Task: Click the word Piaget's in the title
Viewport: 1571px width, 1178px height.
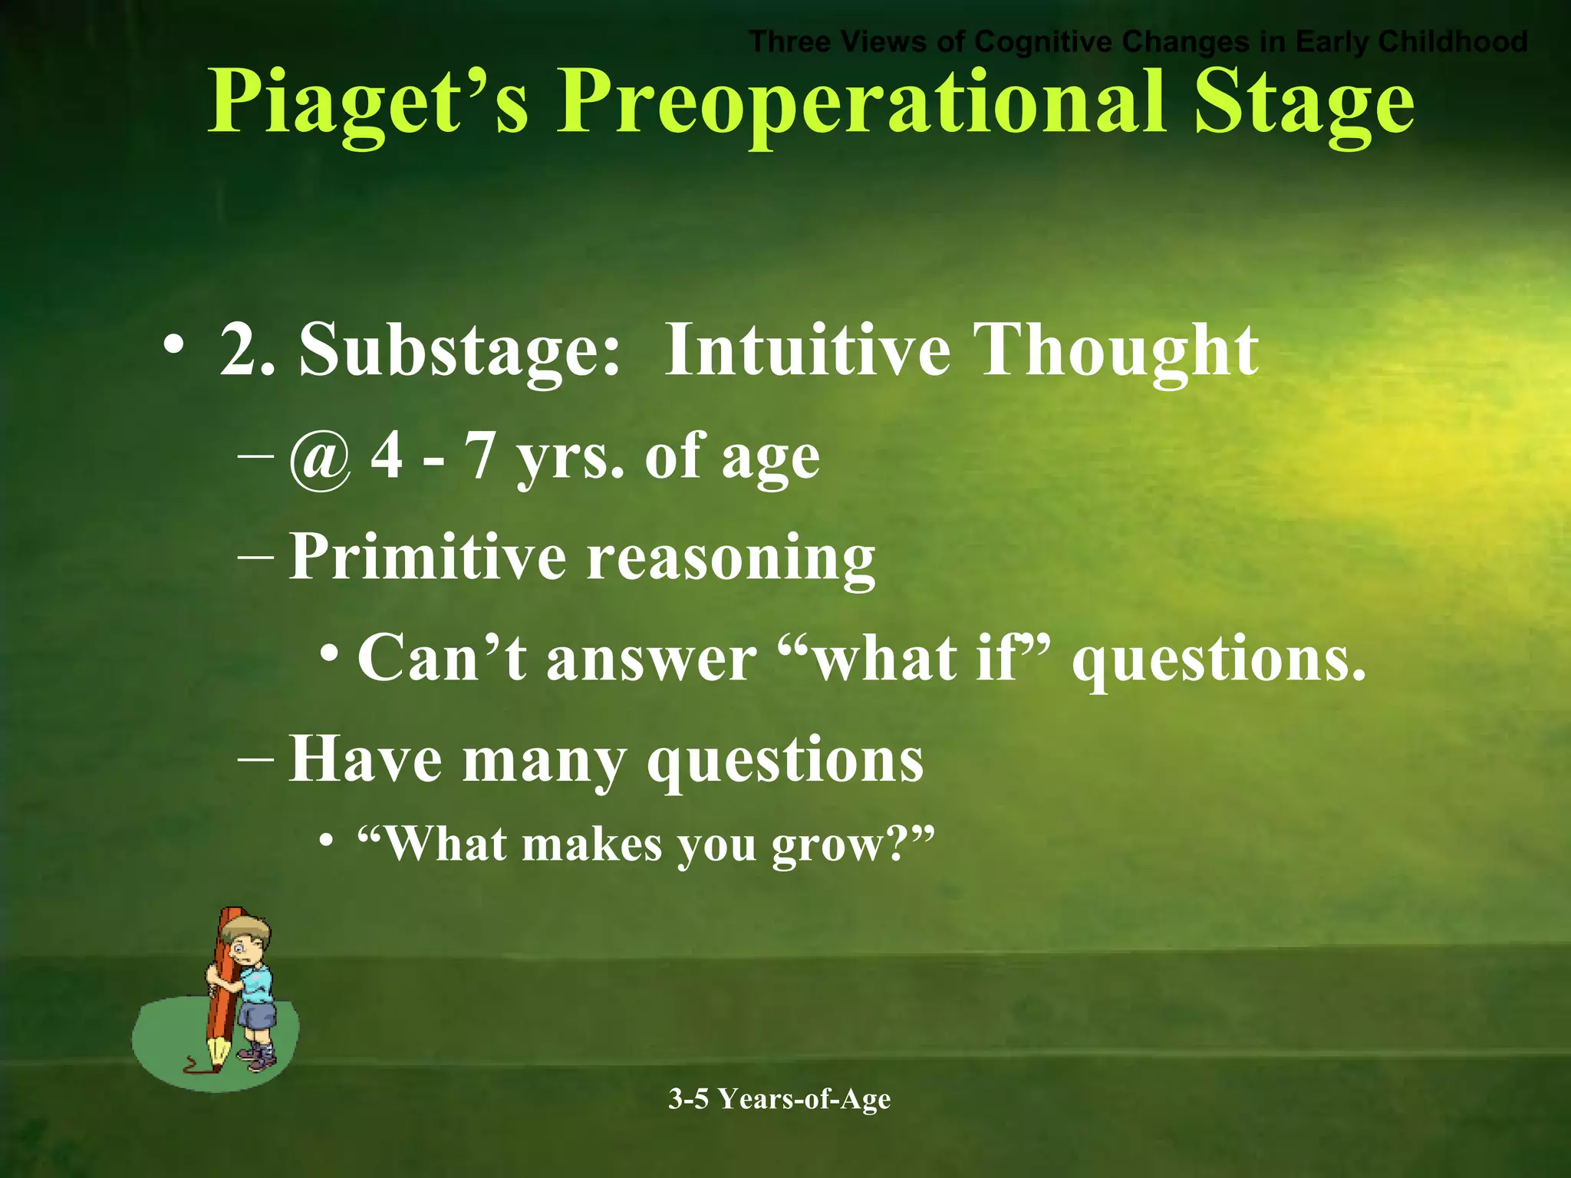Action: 368,104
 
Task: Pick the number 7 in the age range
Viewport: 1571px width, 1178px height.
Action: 480,456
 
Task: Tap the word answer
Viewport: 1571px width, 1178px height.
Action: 651,660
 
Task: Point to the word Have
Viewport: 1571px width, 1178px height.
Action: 365,759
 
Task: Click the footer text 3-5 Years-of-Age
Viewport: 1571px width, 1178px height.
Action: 779,1099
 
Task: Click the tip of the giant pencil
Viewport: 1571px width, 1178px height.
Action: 215,1065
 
